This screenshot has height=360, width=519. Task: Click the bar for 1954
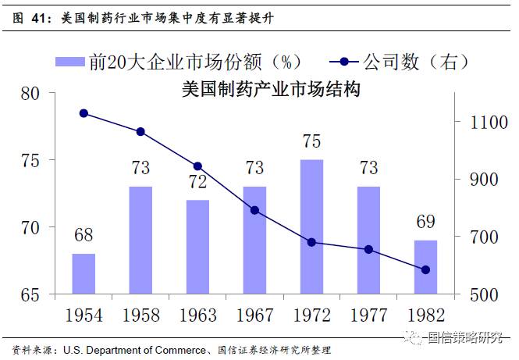click(x=84, y=274)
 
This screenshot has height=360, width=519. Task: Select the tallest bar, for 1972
click(x=311, y=227)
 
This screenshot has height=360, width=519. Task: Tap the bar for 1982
click(x=425, y=267)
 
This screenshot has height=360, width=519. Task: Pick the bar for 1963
click(x=197, y=247)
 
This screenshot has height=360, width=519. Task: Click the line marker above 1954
click(x=84, y=113)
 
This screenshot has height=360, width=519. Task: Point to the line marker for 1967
click(x=254, y=210)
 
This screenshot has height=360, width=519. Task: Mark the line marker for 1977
click(x=368, y=249)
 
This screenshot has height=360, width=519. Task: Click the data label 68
click(x=84, y=235)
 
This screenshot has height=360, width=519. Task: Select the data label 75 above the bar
click(x=312, y=141)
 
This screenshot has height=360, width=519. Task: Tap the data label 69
click(x=425, y=222)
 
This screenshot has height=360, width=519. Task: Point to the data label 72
click(x=197, y=181)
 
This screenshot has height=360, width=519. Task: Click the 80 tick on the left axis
click(x=30, y=94)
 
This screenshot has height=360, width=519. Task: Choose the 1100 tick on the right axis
click(x=489, y=122)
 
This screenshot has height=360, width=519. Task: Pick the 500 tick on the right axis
click(x=484, y=294)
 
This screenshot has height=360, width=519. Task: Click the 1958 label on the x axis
click(x=141, y=315)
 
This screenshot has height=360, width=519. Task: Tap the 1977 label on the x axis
click(x=368, y=315)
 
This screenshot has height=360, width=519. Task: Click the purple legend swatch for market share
click(x=70, y=62)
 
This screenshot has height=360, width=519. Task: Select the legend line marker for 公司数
click(x=344, y=62)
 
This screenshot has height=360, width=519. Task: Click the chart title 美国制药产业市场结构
click(x=271, y=90)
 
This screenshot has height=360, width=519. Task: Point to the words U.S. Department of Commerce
click(x=134, y=350)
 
